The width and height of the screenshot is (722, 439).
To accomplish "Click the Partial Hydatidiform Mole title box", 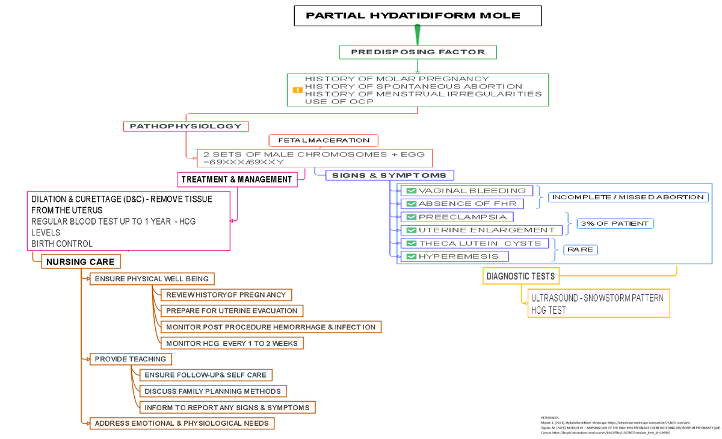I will click(x=414, y=16).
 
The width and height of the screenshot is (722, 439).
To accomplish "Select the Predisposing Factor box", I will click(x=418, y=52).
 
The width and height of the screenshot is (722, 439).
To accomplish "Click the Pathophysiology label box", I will click(x=186, y=126).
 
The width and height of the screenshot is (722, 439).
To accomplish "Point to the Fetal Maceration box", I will click(x=324, y=140).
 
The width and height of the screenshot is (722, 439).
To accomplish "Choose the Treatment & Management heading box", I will click(x=237, y=179).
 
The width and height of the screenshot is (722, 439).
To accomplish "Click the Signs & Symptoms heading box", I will click(x=389, y=175).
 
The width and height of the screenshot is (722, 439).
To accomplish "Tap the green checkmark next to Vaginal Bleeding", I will click(x=412, y=191).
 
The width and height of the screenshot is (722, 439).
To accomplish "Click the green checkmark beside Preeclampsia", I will click(x=412, y=217).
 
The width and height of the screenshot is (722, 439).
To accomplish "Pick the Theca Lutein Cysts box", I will click(x=475, y=243).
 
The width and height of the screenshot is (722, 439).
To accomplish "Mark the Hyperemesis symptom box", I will click(x=455, y=257).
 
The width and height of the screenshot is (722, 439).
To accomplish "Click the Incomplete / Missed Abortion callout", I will click(x=628, y=198).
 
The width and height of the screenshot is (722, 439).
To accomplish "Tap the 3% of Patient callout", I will click(x=615, y=223).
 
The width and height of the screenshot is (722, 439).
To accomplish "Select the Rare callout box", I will click(x=580, y=249).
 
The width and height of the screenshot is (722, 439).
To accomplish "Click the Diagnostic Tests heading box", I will click(x=520, y=276).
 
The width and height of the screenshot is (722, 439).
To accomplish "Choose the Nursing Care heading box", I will click(x=81, y=262).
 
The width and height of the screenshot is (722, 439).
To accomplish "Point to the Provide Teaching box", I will click(x=131, y=359).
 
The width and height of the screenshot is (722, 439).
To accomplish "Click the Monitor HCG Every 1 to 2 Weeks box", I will click(x=232, y=343).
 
